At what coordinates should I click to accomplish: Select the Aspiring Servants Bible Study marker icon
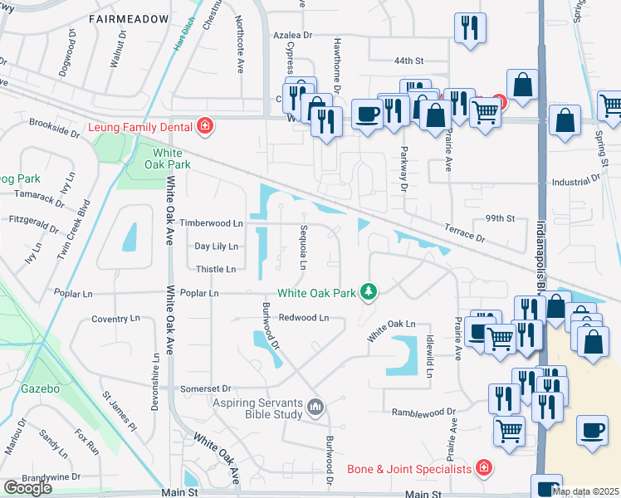[x=315, y=407]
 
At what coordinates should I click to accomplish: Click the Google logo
[x=27, y=488]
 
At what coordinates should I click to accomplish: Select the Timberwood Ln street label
[x=213, y=223]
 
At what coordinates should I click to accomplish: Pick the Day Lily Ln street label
[x=216, y=247]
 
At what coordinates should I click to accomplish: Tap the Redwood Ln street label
[x=304, y=318]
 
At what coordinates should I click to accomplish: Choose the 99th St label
[x=501, y=218]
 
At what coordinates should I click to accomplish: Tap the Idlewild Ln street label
[x=430, y=358]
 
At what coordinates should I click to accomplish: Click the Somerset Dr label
[x=208, y=388]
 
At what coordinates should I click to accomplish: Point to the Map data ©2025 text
[x=585, y=491]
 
